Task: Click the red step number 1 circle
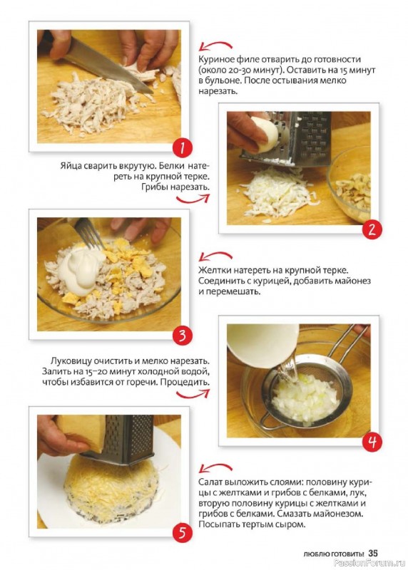(182, 148)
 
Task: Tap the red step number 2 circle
(371, 229)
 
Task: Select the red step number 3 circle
(182, 336)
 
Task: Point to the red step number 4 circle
(371, 441)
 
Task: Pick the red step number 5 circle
(182, 532)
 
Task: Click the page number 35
(373, 553)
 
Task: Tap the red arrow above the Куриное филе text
(215, 46)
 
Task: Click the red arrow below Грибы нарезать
(193, 199)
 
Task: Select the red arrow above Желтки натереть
(215, 256)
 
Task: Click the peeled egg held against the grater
(265, 134)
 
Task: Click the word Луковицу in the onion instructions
(71, 361)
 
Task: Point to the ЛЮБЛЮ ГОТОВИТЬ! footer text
(334, 554)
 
